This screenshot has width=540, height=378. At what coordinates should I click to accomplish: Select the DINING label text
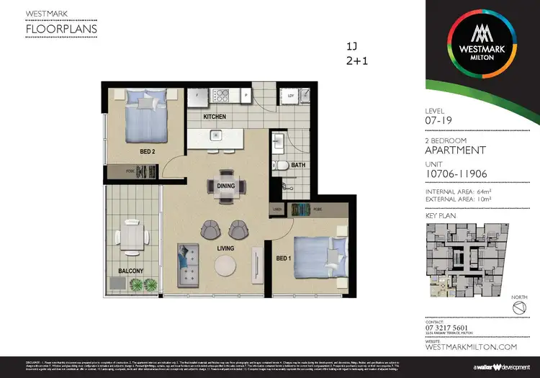(215, 185)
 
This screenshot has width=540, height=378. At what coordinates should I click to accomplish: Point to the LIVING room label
(226, 248)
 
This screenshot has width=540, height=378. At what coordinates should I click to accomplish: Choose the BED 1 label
(282, 258)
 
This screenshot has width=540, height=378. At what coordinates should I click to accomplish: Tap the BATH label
(300, 165)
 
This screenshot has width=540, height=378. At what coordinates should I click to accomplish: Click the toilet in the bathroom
(284, 165)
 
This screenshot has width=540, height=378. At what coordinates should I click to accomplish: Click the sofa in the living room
(189, 264)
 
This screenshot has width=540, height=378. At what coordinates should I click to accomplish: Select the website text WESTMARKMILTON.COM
(472, 347)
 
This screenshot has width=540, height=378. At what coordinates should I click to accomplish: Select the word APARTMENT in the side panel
(456, 150)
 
